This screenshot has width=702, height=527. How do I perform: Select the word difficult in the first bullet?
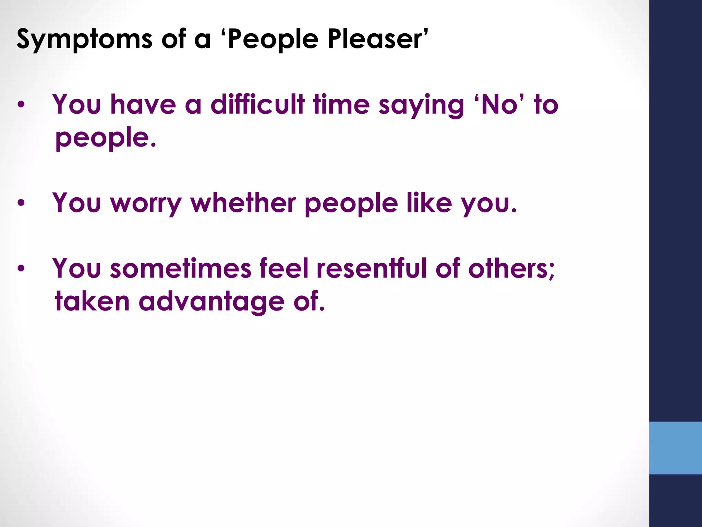coord(257,104)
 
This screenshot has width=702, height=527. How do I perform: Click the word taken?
coord(92,301)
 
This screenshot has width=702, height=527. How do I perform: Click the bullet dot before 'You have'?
coord(21,105)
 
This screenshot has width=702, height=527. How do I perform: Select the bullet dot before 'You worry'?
coord(21,203)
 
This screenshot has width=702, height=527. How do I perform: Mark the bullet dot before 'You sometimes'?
coord(21,268)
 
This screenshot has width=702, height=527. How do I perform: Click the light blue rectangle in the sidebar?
coord(675,448)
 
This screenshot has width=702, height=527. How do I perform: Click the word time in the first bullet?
coord(341,104)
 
